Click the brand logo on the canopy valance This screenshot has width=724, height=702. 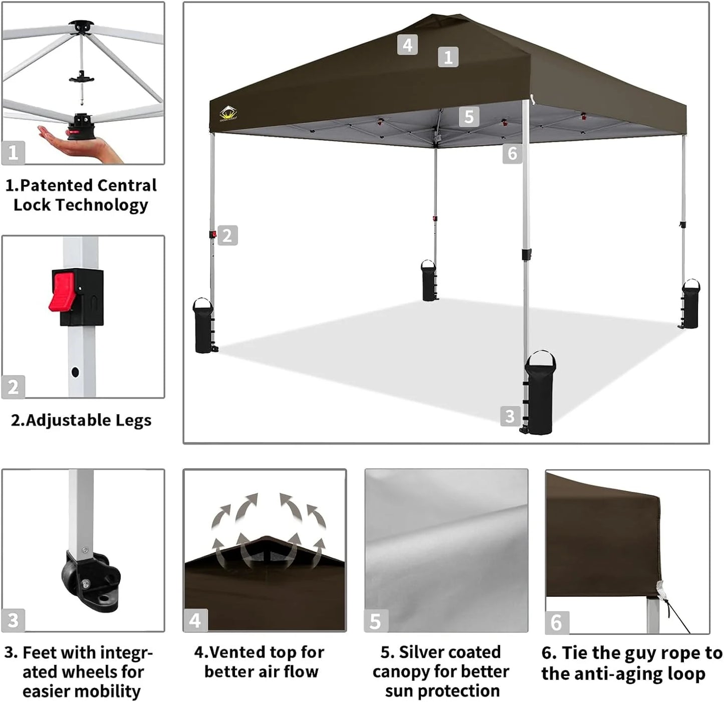tap(228, 114)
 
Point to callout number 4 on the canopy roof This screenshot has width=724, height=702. tap(407, 45)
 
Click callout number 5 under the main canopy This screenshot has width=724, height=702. tap(469, 117)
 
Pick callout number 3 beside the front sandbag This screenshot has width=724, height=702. tap(510, 416)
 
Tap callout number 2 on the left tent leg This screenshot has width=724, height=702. tap(227, 236)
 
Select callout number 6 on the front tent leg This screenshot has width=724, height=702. tap(512, 153)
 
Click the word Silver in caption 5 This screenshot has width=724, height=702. tap(424, 652)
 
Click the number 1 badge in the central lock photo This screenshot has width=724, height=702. tap(13, 152)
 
